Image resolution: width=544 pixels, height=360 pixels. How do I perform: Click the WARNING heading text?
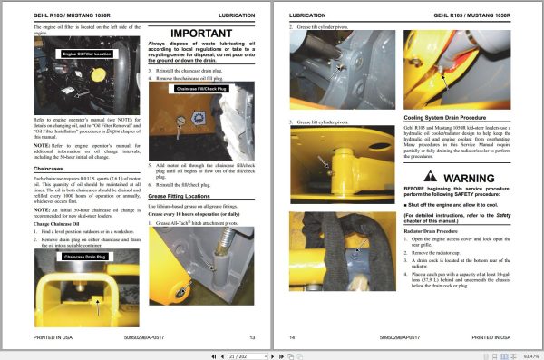pyautogui.click(x=465, y=179)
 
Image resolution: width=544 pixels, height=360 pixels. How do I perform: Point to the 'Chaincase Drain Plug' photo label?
pyautogui.click(x=86, y=257)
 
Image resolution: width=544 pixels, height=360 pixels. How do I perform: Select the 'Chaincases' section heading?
pyautogui.click(x=53, y=168)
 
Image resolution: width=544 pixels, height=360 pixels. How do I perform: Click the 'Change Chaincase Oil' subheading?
pyautogui.click(x=63, y=222)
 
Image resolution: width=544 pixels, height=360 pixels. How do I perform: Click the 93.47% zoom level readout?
pyautogui.click(x=529, y=354)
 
